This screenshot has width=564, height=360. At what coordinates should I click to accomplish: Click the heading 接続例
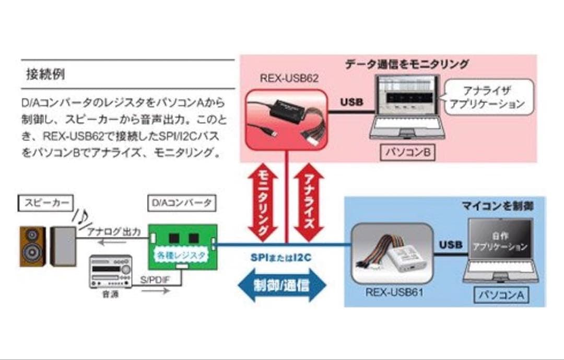(45, 74)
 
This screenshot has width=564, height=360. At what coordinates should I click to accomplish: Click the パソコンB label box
(407, 153)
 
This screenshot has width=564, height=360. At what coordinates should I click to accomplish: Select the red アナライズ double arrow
(309, 201)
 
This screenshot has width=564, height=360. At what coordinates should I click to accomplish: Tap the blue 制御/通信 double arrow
(281, 285)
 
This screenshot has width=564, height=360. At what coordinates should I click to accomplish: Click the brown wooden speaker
(32, 246)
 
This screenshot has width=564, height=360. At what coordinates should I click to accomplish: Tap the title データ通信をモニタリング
(406, 64)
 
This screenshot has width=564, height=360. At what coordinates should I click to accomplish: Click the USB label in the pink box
(351, 102)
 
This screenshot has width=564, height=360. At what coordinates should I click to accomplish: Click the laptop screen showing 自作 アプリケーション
(500, 241)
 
